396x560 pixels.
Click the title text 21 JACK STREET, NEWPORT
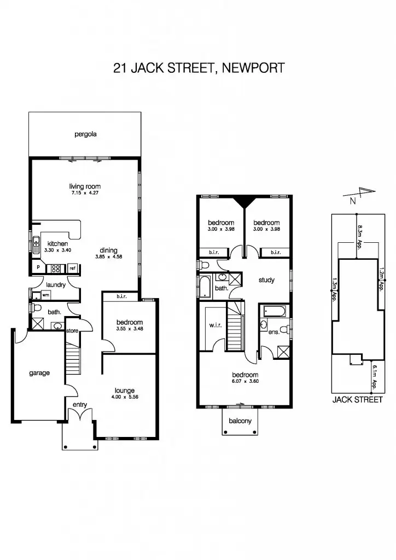[199, 68]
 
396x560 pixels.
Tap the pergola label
[86, 134]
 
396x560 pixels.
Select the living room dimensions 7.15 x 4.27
[85, 193]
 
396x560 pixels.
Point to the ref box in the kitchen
[72, 268]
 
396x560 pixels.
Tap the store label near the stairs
[72, 331]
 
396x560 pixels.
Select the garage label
[39, 373]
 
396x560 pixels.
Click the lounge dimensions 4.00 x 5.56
[125, 397]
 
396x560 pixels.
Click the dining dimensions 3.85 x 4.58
[108, 256]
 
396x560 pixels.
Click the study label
[266, 281]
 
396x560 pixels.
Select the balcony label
[240, 421]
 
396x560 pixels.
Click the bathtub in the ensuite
[273, 312]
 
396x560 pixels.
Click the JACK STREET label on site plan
[357, 400]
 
